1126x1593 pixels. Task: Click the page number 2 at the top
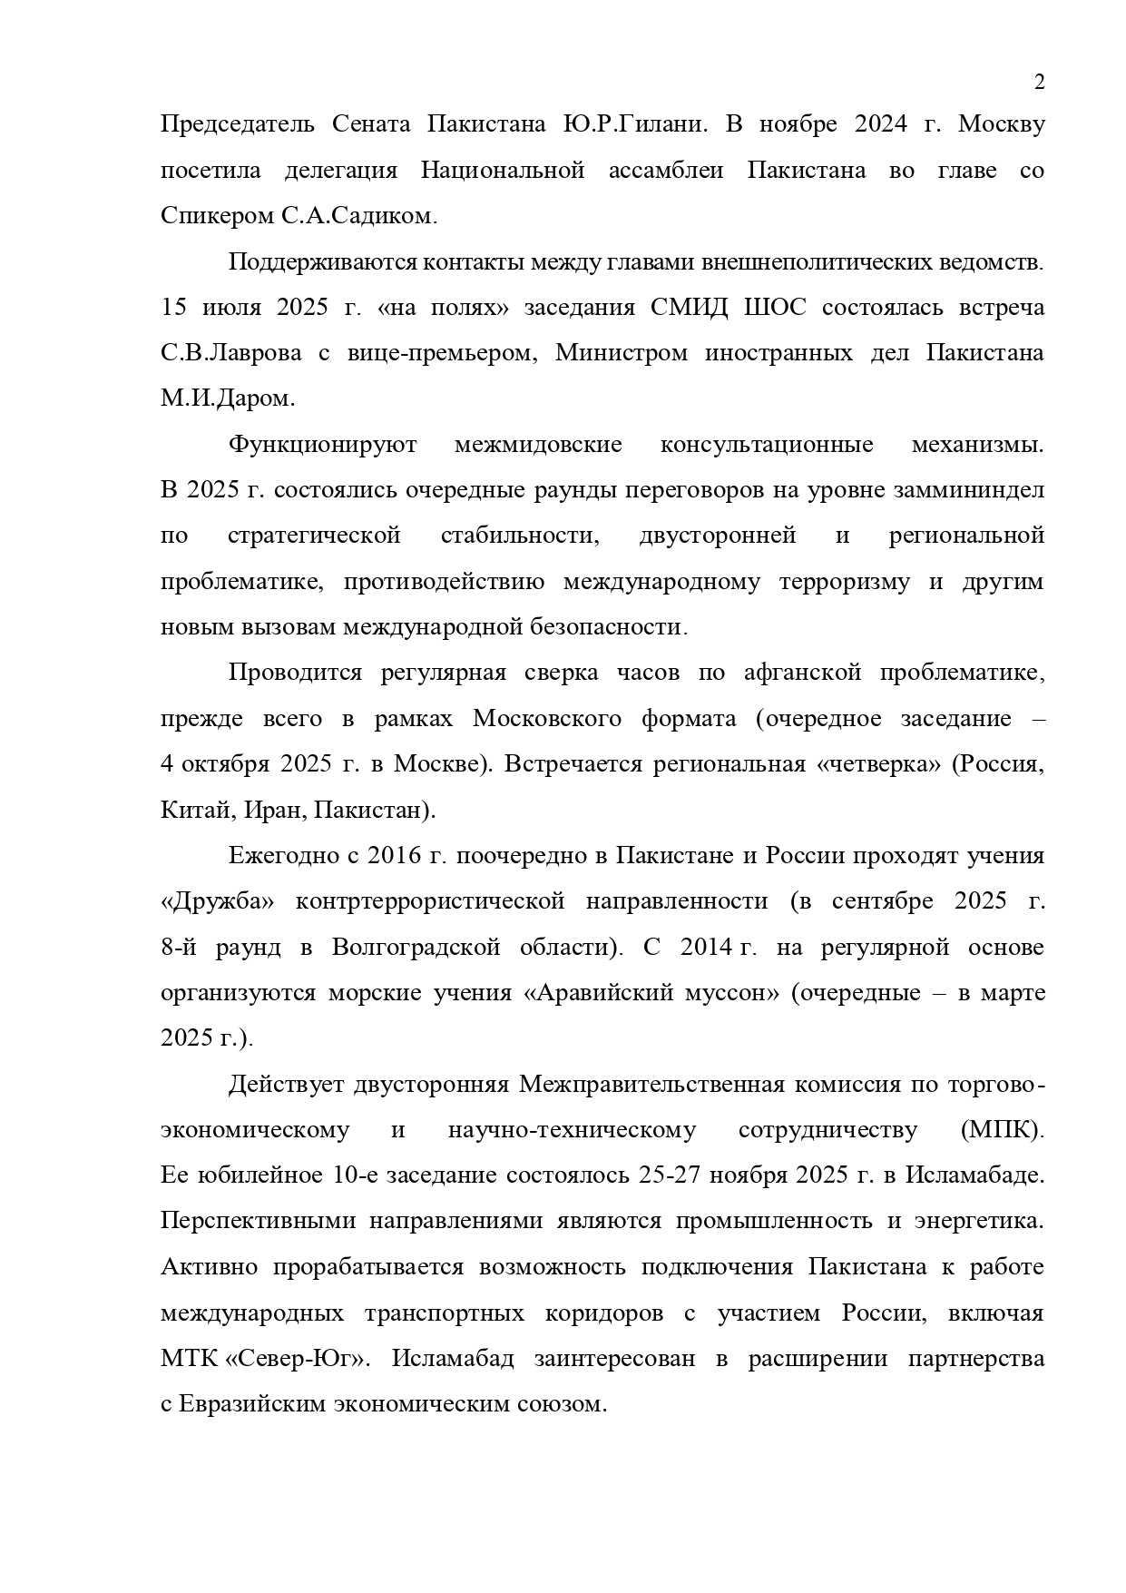(1040, 83)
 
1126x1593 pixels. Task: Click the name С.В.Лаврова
(231, 353)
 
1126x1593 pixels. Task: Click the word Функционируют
(322, 445)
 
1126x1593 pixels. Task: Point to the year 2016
(392, 856)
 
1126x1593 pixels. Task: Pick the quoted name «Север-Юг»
(296, 1359)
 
